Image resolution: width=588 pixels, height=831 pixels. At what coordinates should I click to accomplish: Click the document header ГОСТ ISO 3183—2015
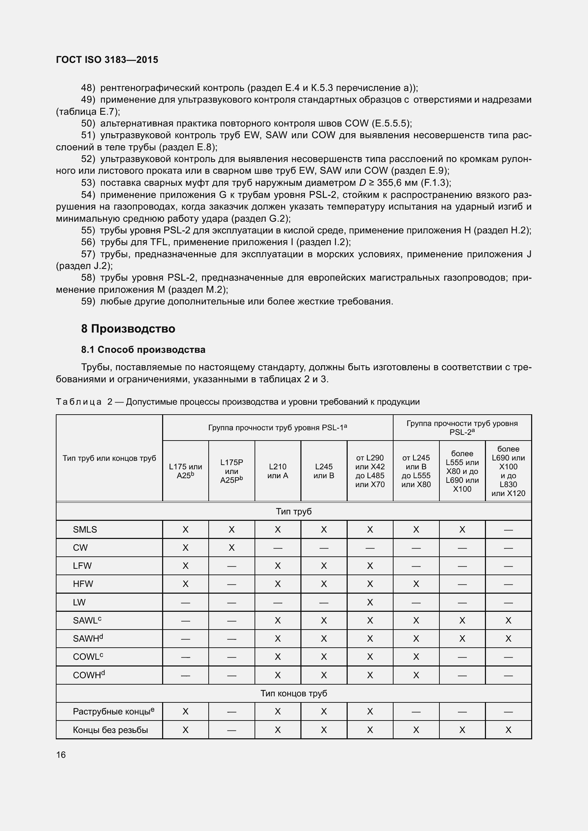[x=107, y=60]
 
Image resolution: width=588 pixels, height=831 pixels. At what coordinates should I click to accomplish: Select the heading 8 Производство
[x=128, y=329]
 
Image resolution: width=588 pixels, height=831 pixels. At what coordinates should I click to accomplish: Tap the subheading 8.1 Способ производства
[x=143, y=350]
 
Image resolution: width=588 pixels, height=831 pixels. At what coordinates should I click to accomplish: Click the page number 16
[x=61, y=755]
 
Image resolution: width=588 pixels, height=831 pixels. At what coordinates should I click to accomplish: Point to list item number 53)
[x=88, y=183]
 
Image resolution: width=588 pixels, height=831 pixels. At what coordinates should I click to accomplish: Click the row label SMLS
[x=85, y=529]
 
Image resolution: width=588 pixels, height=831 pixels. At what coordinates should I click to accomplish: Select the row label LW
[x=79, y=602]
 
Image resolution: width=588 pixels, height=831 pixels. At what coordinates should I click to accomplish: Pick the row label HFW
[x=83, y=584]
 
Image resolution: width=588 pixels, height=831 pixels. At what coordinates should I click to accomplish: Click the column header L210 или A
[x=277, y=471]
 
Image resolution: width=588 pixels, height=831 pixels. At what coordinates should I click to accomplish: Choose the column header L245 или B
[x=324, y=471]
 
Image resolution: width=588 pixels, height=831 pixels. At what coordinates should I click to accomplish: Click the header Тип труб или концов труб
[x=109, y=458]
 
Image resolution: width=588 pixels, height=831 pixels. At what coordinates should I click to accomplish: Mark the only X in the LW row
[x=370, y=602]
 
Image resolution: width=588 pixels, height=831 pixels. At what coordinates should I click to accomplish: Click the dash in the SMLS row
[x=508, y=530]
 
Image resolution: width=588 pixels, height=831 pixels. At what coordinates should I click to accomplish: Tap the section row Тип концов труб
[x=294, y=694]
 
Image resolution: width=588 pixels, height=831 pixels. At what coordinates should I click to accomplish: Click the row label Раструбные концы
[x=113, y=712]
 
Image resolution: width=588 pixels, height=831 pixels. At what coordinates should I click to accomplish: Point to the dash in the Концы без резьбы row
[x=231, y=730]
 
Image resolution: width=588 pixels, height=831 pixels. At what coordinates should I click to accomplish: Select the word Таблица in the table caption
[x=79, y=402]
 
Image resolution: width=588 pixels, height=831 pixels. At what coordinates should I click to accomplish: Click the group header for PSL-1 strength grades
[x=277, y=428]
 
